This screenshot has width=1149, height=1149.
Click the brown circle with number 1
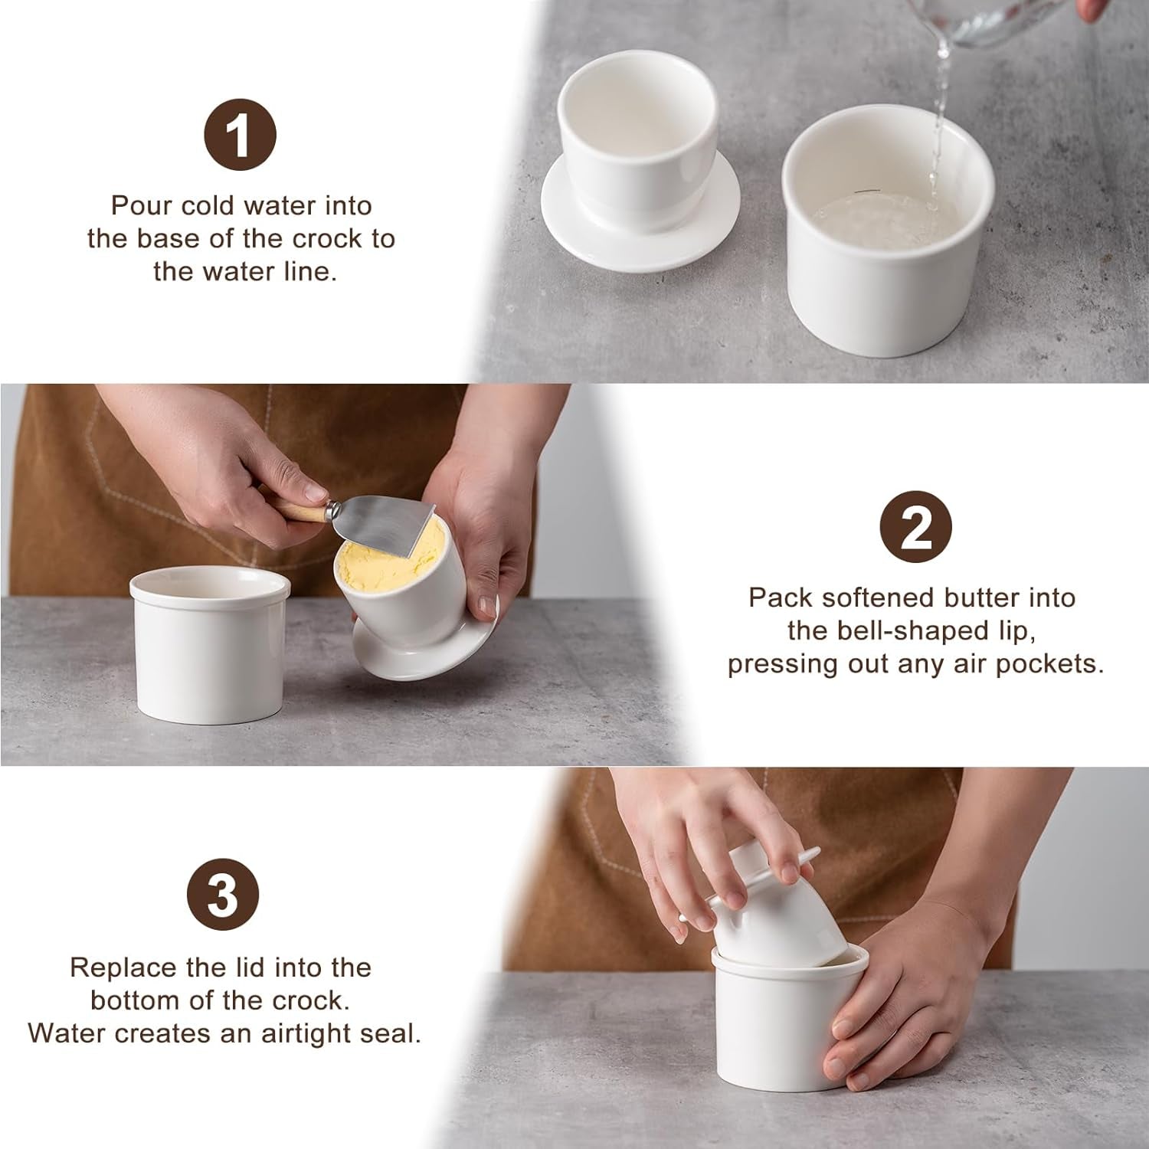click(240, 136)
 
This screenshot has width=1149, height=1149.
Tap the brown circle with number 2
click(915, 528)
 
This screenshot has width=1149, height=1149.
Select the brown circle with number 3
click(223, 895)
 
